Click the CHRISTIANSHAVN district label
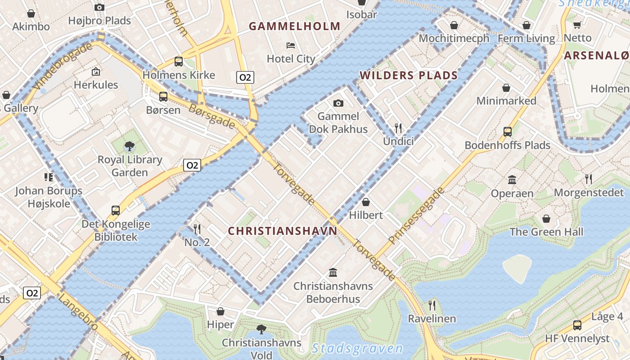282,231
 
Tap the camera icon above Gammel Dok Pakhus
338,103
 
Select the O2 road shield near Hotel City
245,77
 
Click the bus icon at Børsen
163,96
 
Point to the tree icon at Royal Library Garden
130,146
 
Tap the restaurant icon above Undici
398,128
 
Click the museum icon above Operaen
512,180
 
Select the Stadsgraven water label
358,348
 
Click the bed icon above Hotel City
291,45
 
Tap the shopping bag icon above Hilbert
366,202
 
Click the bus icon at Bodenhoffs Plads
508,131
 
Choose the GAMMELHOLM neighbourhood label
295,26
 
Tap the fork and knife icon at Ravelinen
432,306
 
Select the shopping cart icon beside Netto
577,25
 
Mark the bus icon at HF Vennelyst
577,325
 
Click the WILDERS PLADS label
409,75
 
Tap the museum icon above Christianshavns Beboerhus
333,272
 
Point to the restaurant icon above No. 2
197,229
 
